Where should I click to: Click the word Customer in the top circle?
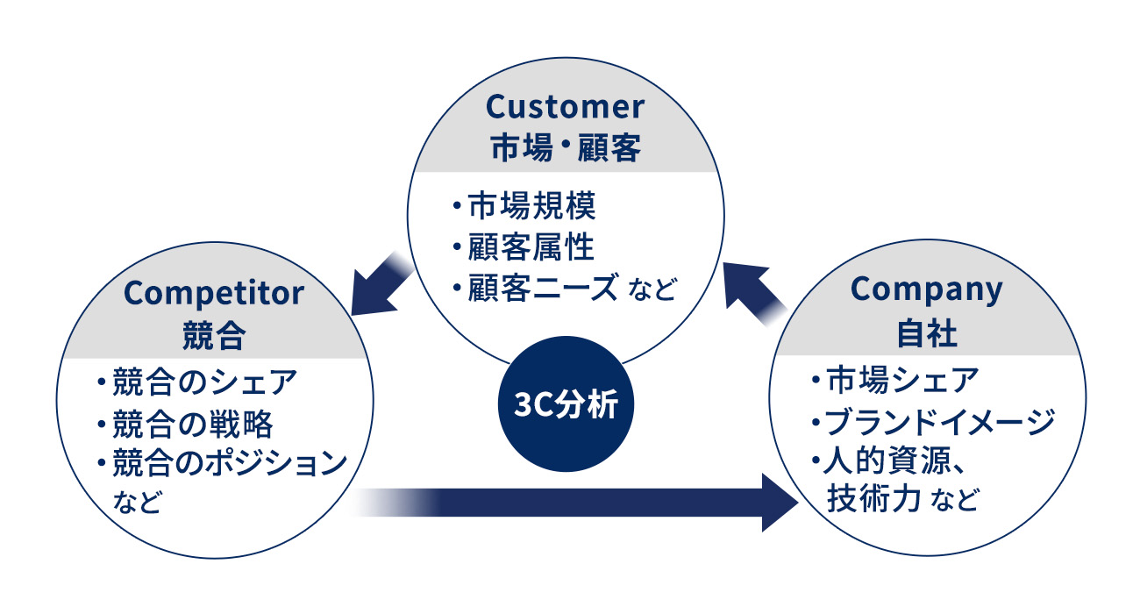[x=565, y=107]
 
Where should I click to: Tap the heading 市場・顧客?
[x=565, y=147]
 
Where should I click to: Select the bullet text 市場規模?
[x=531, y=206]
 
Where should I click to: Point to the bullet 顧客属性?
[x=531, y=246]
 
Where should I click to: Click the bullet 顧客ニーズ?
[x=544, y=287]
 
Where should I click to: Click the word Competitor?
[x=214, y=292]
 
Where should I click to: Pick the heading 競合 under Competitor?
[x=214, y=333]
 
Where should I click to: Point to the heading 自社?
[x=927, y=333]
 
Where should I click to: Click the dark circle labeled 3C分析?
[x=566, y=408]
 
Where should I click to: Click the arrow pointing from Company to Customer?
[x=754, y=290]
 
